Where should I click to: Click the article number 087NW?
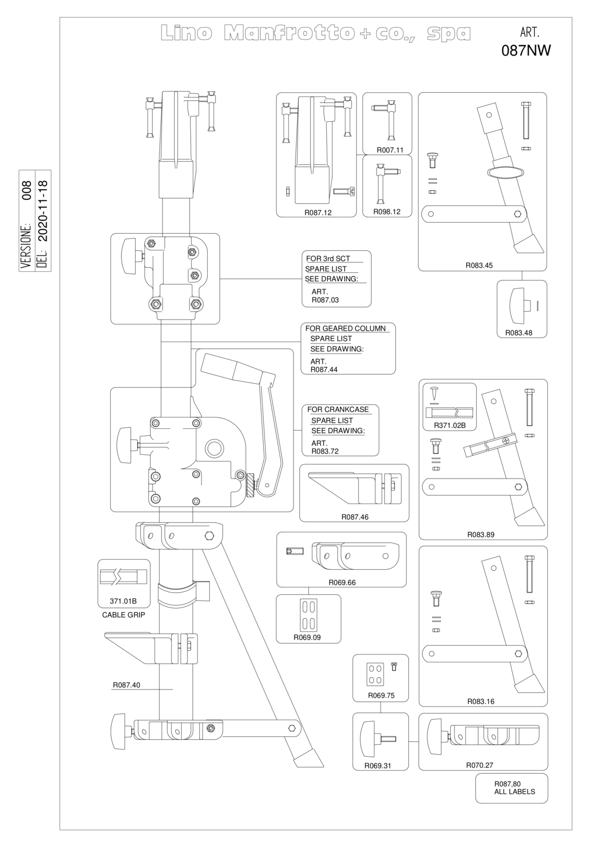click(526, 50)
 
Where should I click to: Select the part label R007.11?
click(390, 150)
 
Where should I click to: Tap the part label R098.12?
click(387, 211)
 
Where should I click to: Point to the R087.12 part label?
click(318, 213)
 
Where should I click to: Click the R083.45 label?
click(479, 266)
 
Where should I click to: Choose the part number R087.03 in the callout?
click(325, 300)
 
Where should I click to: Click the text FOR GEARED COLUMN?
click(345, 328)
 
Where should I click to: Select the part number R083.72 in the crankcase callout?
click(325, 451)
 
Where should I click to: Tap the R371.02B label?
click(450, 425)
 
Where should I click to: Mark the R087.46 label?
click(354, 517)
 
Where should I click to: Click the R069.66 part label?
click(342, 582)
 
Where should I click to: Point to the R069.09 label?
click(307, 637)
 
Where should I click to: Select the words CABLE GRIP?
click(123, 615)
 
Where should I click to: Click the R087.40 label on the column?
click(127, 685)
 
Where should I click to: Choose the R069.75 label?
click(381, 695)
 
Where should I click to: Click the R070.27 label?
click(479, 765)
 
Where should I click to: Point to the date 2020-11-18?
click(43, 211)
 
